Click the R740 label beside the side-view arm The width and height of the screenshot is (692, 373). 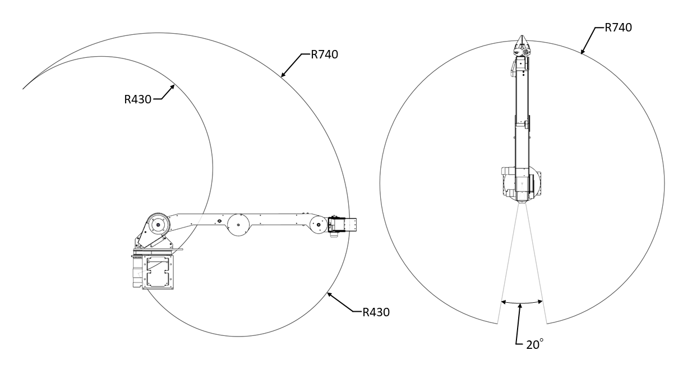click(x=324, y=54)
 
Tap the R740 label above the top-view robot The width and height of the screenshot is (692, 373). click(x=618, y=28)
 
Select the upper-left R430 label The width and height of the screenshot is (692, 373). click(x=138, y=99)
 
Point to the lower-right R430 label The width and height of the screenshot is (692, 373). click(x=376, y=312)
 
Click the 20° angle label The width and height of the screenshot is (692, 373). click(x=535, y=344)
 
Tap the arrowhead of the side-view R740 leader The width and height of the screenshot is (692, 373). click(x=283, y=75)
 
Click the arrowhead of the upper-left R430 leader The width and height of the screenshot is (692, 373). click(x=173, y=87)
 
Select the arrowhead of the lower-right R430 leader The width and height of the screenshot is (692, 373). click(x=330, y=294)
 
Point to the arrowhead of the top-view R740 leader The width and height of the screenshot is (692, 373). click(x=582, y=52)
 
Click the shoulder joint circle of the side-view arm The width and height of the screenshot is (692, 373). click(x=158, y=225)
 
